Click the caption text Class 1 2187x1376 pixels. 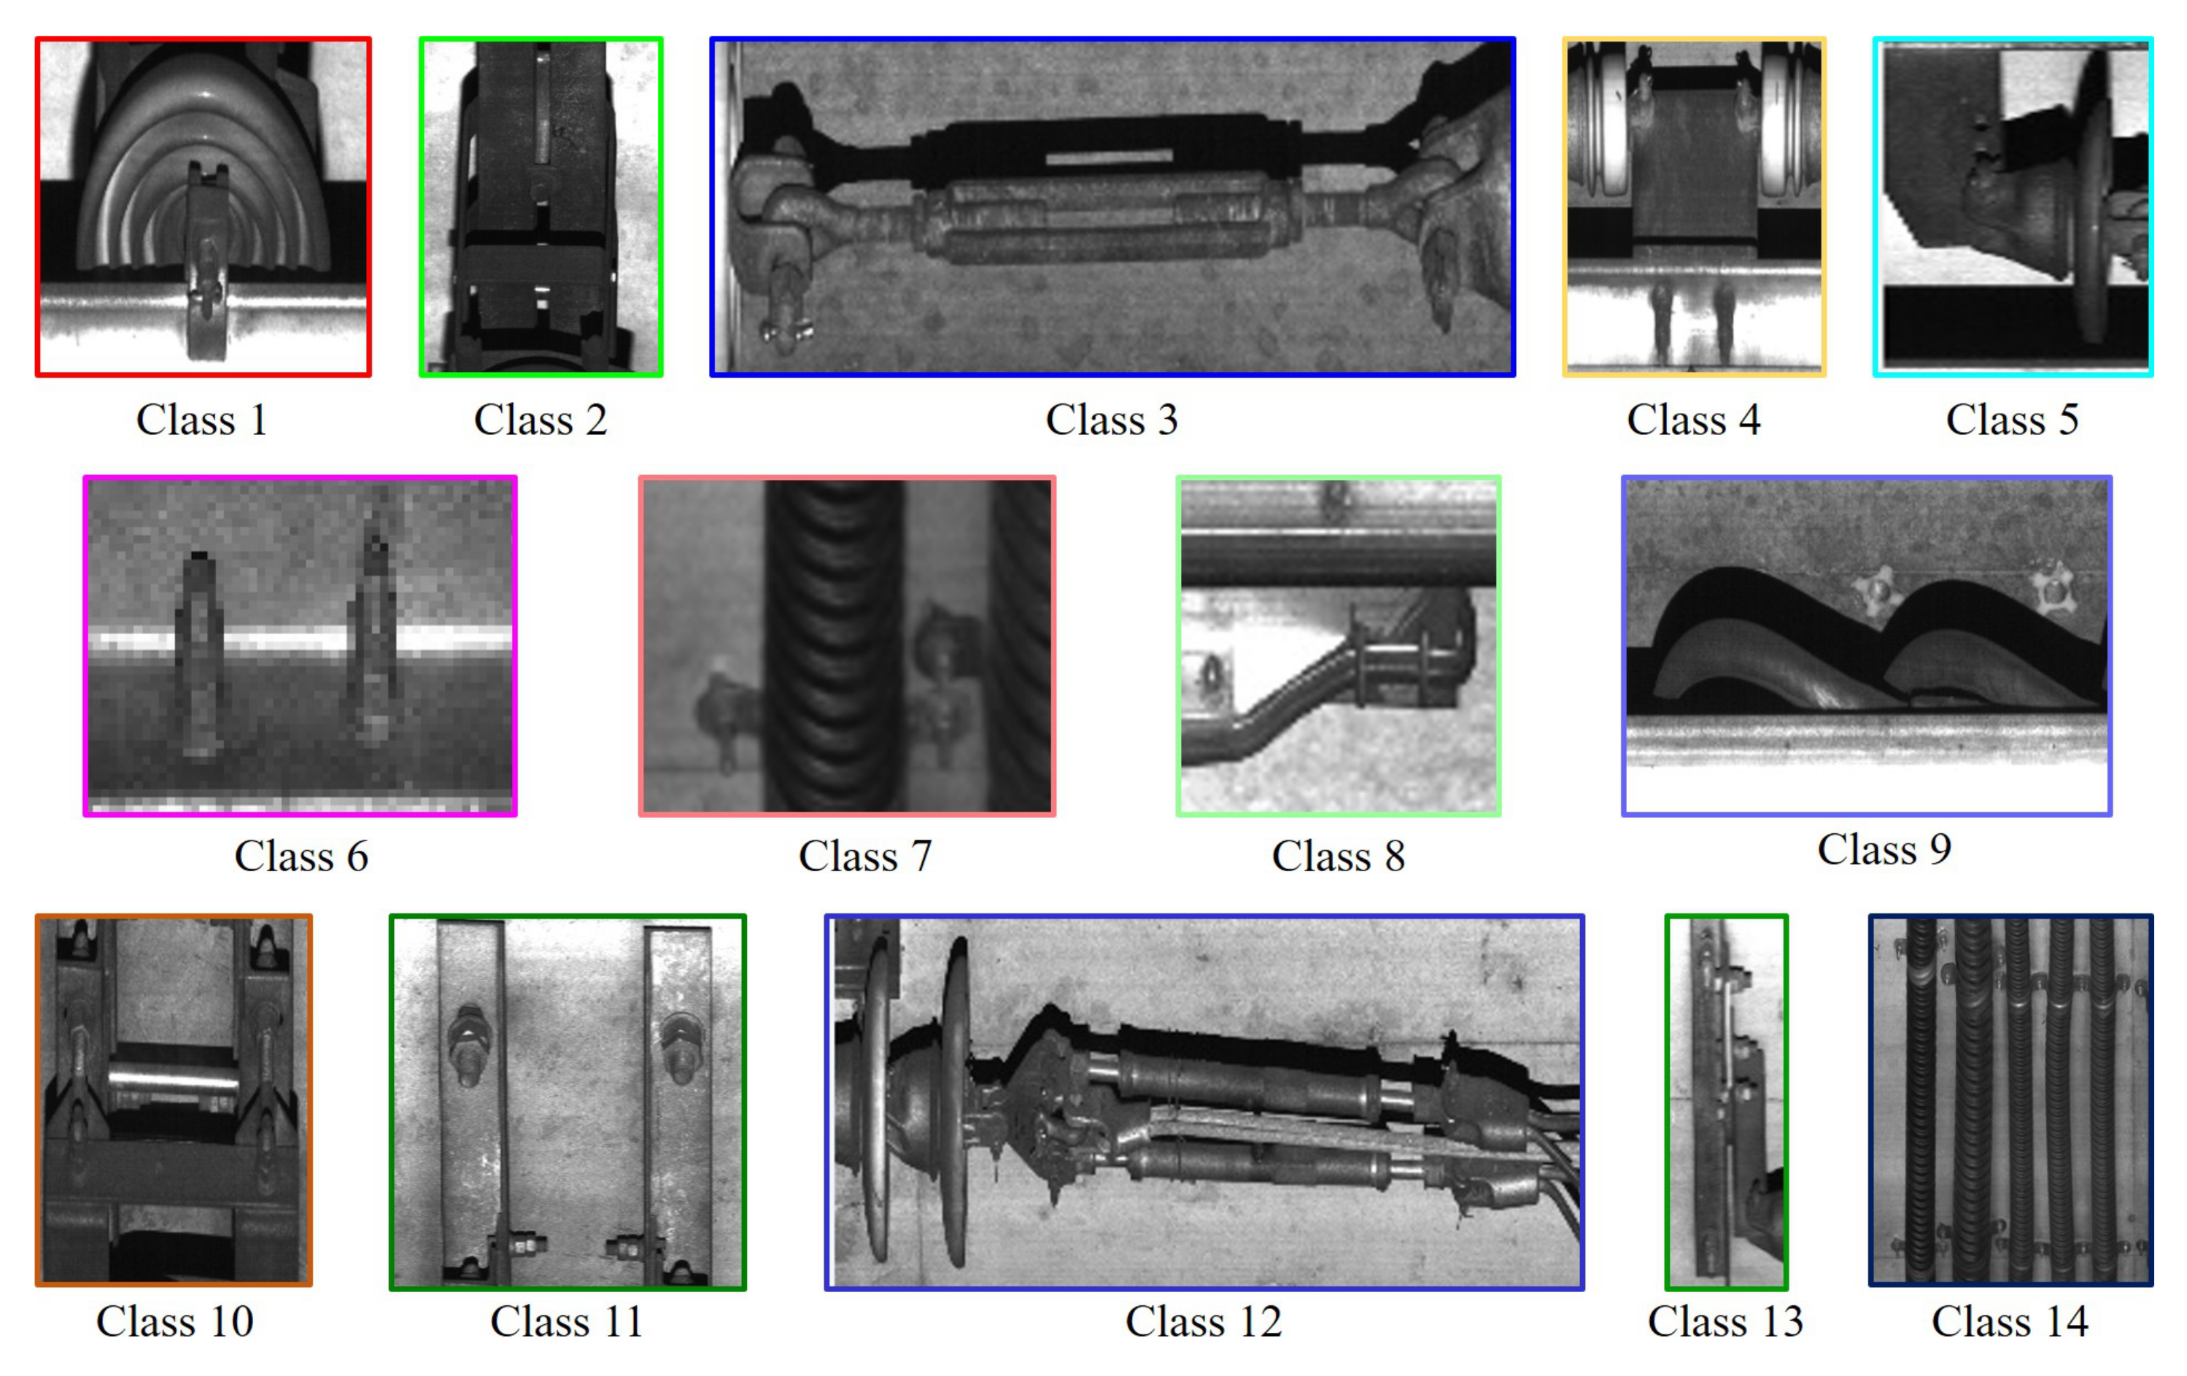point(201,420)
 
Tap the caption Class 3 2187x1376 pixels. point(1112,420)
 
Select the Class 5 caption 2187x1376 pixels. point(2012,420)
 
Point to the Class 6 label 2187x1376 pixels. point(301,856)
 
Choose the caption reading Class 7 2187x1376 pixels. point(864,856)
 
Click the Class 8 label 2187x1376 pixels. point(1338,856)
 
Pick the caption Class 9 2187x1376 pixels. point(1884,849)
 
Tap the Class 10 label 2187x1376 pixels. point(174,1321)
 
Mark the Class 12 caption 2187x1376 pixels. point(1204,1321)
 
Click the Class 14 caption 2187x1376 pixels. point(2009,1321)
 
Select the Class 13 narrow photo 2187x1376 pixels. point(1726,1102)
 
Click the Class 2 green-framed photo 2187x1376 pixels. point(541,206)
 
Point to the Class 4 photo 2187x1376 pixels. point(1694,206)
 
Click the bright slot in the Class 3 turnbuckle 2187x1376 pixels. point(1109,157)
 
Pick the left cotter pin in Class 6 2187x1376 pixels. point(200,654)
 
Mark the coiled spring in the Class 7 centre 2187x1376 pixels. point(834,645)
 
